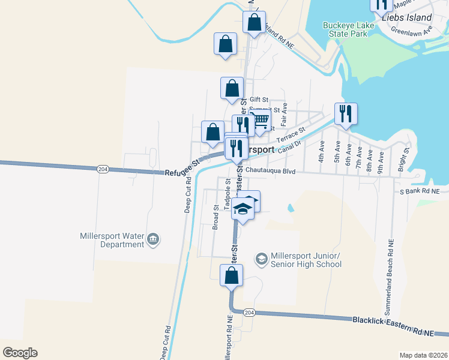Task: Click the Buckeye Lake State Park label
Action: click(x=345, y=29)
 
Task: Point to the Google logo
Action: click(x=20, y=353)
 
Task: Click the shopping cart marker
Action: click(x=260, y=120)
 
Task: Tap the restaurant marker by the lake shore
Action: click(x=346, y=113)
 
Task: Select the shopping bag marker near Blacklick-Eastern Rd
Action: click(x=231, y=276)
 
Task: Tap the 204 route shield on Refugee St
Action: click(x=103, y=169)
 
